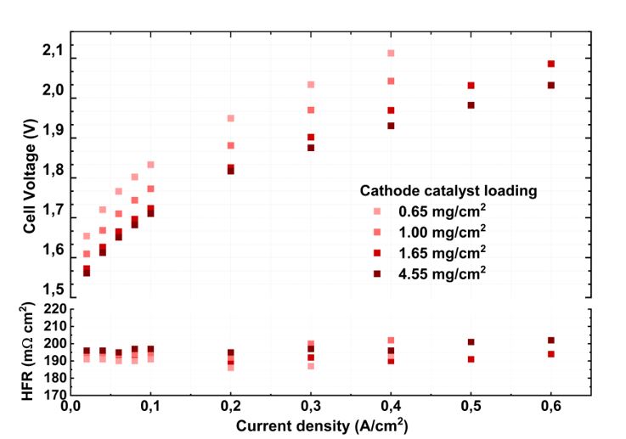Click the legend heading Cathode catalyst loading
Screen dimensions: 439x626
[447, 191]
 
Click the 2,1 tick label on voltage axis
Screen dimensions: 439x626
[54, 53]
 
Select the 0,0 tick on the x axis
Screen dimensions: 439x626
[71, 408]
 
